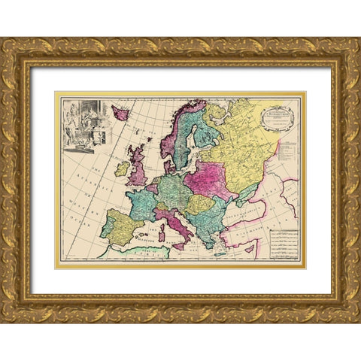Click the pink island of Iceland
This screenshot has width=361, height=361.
pyautogui.click(x=120, y=113)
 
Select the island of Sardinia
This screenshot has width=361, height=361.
pyautogui.click(x=160, y=235)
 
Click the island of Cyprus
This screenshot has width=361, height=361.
pyautogui.click(x=256, y=252)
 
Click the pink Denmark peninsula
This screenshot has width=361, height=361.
pyautogui.click(x=170, y=162)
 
